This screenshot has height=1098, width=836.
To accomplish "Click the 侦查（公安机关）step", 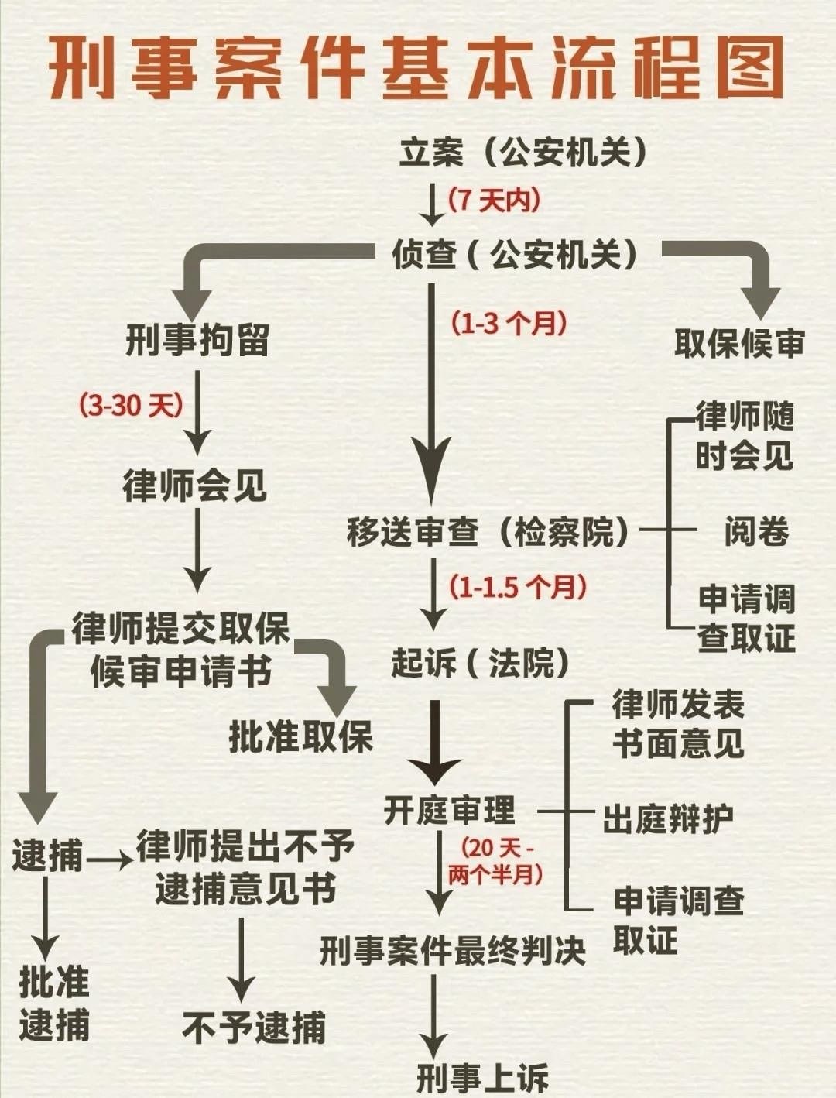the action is [515, 254].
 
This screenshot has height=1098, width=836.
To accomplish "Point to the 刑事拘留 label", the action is [197, 340].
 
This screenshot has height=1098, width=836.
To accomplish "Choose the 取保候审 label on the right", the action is [739, 343].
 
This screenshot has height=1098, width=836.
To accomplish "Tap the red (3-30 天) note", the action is [132, 405].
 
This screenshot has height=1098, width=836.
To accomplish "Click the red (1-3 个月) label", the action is [509, 323].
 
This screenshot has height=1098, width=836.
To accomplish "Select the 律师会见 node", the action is [195, 485].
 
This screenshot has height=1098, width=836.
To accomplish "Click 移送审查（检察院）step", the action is [488, 531].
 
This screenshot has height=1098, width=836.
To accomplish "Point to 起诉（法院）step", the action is [480, 664].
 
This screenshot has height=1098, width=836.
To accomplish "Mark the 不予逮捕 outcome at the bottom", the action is [254, 1027].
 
